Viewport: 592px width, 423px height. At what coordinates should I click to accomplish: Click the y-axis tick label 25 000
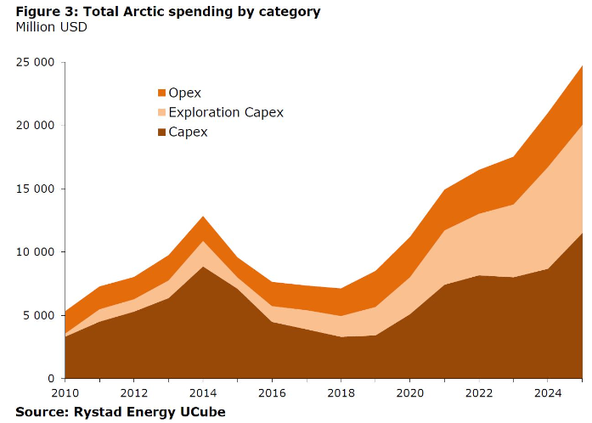(36, 63)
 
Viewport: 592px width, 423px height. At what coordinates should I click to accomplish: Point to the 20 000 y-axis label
(36, 126)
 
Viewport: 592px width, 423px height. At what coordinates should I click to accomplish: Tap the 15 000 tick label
(36, 189)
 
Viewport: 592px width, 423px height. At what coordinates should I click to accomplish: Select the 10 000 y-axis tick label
(36, 252)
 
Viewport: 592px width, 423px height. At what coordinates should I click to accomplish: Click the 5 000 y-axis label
(39, 315)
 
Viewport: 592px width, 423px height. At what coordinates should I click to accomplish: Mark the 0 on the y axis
(51, 378)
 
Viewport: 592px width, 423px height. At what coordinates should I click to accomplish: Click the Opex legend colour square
(162, 93)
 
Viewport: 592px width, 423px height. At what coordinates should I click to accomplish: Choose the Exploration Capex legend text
(226, 112)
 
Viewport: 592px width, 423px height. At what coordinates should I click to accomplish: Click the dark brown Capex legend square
(162, 133)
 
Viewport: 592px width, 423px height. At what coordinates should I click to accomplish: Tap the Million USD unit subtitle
(51, 27)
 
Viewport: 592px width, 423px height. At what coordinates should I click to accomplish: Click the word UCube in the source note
(202, 411)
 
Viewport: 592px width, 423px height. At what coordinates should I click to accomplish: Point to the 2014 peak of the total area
(202, 217)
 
